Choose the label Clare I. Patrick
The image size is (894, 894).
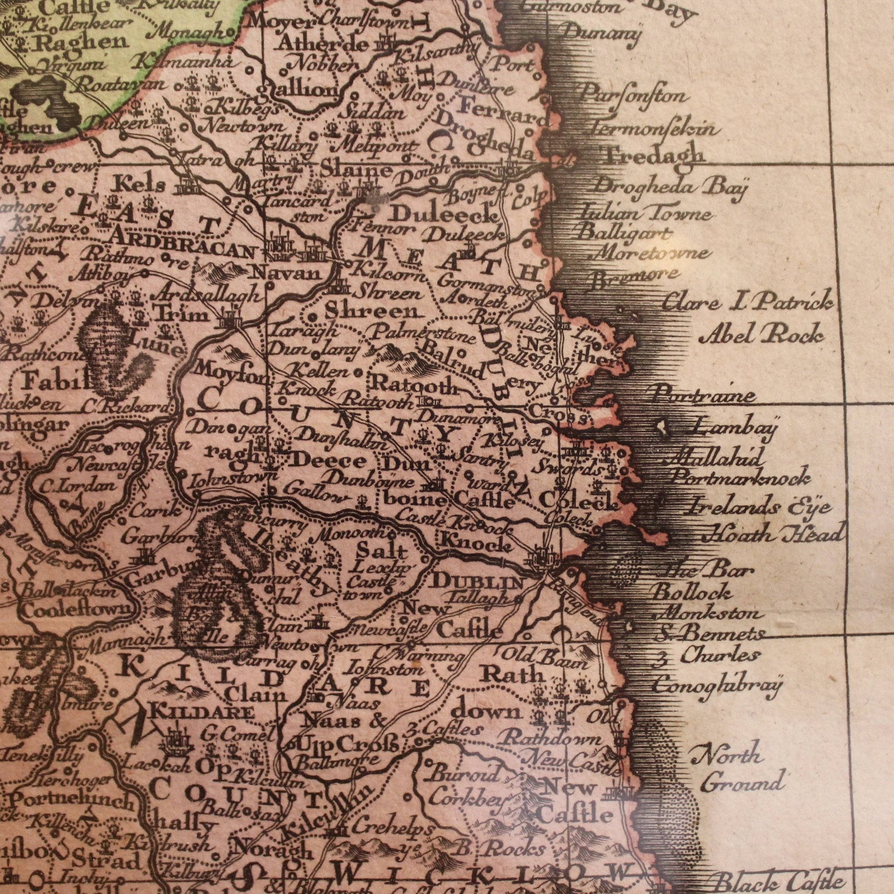(747, 304)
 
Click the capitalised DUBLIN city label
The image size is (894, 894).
(477, 583)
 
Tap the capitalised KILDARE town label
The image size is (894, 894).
(203, 712)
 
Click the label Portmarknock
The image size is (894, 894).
(741, 478)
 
